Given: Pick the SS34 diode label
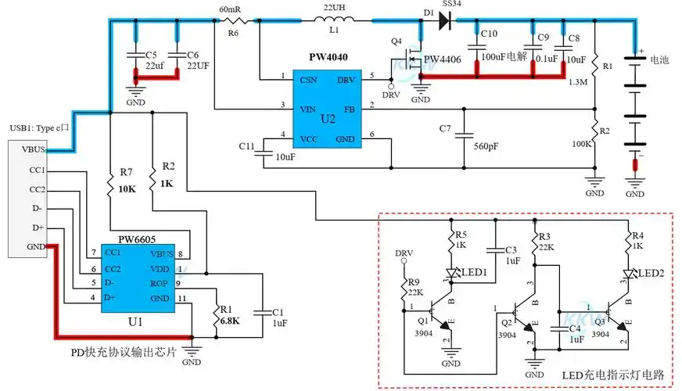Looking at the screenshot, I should (475, 5).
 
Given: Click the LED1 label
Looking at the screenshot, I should (474, 272).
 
